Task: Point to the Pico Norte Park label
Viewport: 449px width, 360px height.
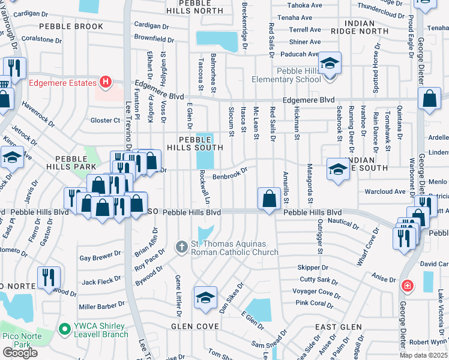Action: (x=23, y=340)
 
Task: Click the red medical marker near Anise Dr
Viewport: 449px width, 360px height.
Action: (x=408, y=286)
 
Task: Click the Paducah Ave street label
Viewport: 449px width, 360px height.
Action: (x=304, y=54)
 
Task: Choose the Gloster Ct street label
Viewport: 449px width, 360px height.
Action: (x=106, y=121)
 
